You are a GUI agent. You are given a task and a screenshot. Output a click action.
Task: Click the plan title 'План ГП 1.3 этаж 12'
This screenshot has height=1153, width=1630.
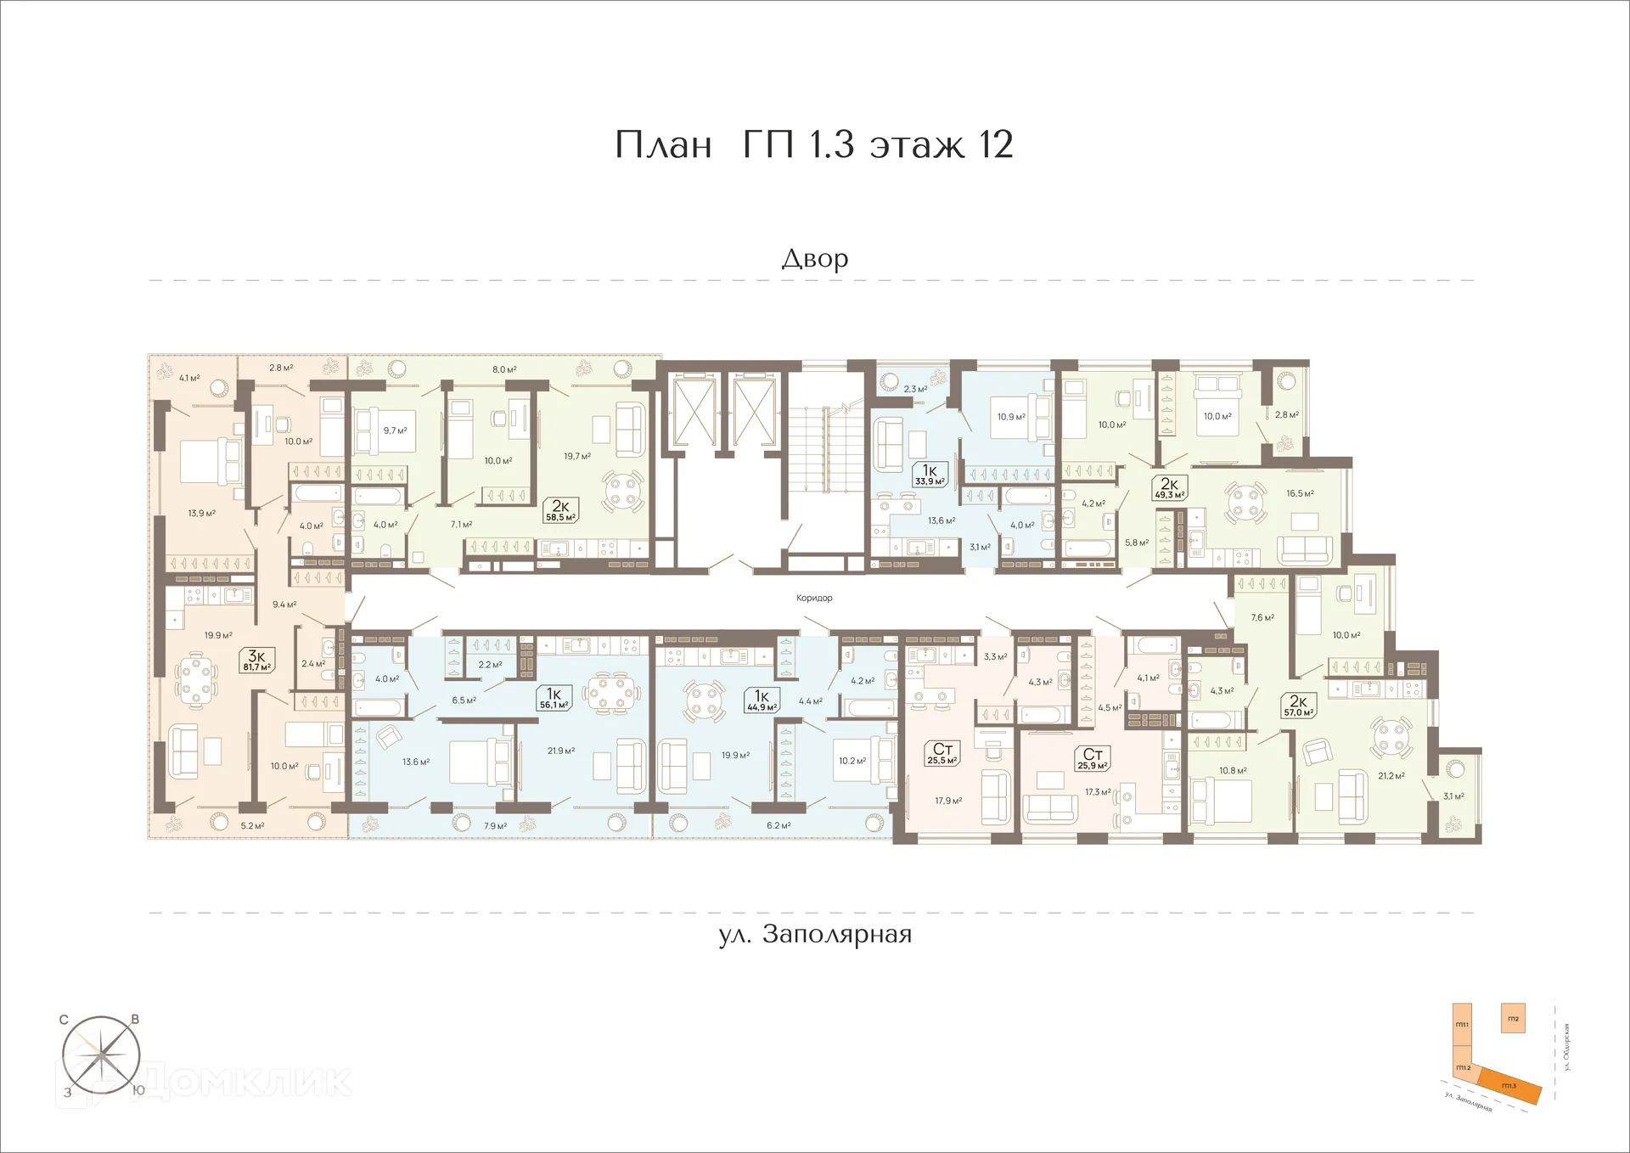click(x=813, y=144)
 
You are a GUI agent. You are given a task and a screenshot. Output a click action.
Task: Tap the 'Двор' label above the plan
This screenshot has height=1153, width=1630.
click(x=814, y=258)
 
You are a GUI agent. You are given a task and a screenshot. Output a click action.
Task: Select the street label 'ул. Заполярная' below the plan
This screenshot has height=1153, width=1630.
click(x=815, y=935)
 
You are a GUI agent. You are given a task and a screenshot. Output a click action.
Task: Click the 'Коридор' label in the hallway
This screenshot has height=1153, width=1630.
click(x=814, y=598)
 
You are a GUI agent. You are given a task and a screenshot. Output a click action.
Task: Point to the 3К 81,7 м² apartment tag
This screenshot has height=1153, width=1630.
click(x=256, y=661)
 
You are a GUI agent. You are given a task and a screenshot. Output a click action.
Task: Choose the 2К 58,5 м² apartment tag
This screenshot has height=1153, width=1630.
click(x=560, y=510)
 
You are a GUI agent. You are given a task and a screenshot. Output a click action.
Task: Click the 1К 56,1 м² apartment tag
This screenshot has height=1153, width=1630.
click(x=554, y=699)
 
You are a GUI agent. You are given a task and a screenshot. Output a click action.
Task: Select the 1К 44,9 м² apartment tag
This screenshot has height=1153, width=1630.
click(x=762, y=700)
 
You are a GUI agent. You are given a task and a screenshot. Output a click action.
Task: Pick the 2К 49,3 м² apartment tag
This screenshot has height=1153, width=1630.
click(x=1168, y=488)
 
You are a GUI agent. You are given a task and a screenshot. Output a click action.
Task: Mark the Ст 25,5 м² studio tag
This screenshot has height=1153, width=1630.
click(x=942, y=753)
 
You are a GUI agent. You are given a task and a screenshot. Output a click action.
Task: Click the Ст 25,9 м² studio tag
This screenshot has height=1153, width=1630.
click(x=1093, y=758)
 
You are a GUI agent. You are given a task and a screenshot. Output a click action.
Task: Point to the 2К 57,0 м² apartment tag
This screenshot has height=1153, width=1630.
click(x=1298, y=706)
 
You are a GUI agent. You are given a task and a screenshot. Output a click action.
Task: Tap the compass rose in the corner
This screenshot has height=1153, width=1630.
click(x=102, y=1056)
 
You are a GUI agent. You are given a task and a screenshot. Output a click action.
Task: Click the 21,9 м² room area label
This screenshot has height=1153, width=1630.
click(x=561, y=751)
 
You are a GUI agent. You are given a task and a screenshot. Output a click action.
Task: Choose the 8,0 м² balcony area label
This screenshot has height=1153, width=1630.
click(x=504, y=369)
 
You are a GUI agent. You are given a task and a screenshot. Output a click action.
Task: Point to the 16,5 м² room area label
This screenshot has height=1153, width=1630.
click(x=1300, y=493)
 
